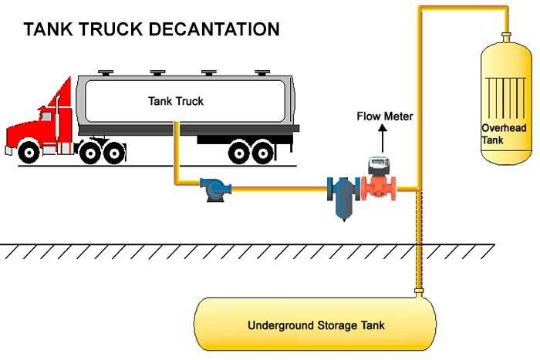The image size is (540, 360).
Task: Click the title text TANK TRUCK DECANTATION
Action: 151,30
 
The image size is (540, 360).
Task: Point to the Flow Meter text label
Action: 384,117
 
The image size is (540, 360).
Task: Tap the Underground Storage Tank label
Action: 316,325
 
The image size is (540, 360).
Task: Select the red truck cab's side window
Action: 46,116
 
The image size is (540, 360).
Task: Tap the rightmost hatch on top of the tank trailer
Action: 260,72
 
